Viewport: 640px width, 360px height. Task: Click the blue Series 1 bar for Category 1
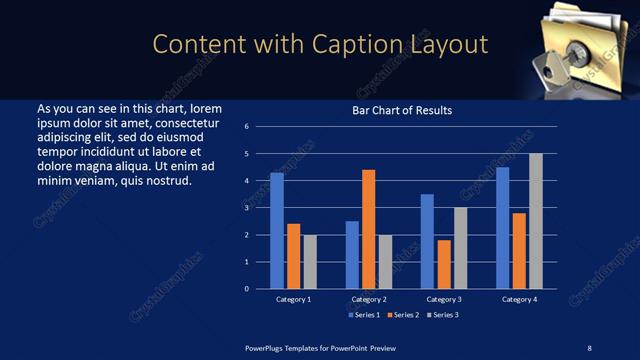[x=277, y=231]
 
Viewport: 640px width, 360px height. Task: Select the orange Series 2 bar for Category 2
[x=368, y=229]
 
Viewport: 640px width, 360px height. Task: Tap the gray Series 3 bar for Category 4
[x=536, y=221]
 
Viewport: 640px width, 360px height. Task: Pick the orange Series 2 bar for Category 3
[x=444, y=264]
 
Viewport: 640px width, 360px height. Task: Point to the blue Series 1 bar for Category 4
[x=502, y=228]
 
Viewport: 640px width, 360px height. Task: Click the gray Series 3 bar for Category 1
[x=310, y=262]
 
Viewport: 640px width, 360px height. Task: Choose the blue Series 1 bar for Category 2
[x=352, y=255]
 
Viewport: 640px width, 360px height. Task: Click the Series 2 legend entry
[x=402, y=315]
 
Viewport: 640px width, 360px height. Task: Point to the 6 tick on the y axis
[x=246, y=127]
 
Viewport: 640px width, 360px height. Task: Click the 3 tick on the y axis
[x=246, y=208]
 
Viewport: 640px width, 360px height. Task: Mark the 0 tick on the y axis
[x=246, y=289]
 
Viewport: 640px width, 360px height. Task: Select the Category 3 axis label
[x=444, y=299]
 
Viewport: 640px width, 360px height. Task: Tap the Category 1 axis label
[x=293, y=299]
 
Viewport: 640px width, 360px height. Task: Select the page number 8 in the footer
[x=589, y=347]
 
